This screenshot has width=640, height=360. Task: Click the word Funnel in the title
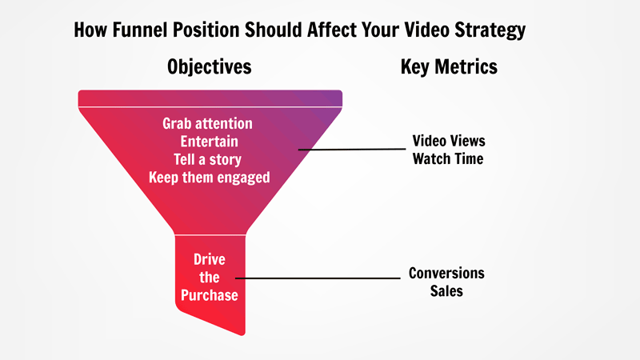tap(139, 31)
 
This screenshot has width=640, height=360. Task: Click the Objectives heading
tap(210, 66)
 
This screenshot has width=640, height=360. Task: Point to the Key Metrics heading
tap(449, 66)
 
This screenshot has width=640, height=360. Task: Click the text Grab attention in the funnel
tap(208, 124)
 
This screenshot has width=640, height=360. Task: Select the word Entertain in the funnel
tap(208, 142)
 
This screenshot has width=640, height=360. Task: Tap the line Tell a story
tap(208, 159)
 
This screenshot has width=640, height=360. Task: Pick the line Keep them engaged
tap(208, 177)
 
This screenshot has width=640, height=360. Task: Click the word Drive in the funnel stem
tap(209, 259)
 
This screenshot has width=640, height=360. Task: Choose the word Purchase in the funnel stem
tap(209, 294)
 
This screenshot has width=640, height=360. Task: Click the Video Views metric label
tap(449, 141)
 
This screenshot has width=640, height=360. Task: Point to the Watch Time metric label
tap(449, 158)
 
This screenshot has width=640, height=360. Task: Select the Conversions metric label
tap(446, 274)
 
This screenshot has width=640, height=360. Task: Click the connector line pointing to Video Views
tap(352, 149)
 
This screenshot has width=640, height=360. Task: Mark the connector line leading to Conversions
tap(320, 278)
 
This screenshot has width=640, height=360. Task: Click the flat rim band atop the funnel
tap(210, 98)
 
